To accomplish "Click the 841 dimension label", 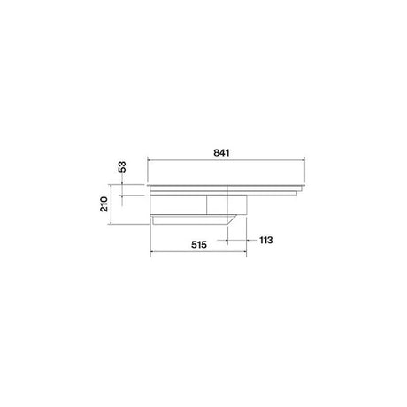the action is [x=221, y=153].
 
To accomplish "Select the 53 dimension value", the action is [x=122, y=166].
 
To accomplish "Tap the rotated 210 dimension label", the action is [x=104, y=204].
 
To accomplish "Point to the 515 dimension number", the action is [x=199, y=244].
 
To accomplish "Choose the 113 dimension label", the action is [x=266, y=240].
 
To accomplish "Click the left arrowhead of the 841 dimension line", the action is [x=149, y=160].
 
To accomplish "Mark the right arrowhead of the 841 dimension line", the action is [x=303, y=160].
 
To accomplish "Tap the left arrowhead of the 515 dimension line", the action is [x=151, y=252].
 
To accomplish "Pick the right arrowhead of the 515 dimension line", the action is [x=245, y=252].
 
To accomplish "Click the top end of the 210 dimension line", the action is [x=111, y=185].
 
